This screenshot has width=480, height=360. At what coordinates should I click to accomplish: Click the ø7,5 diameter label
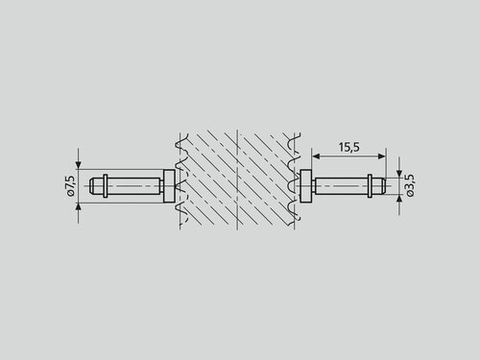[x=71, y=185]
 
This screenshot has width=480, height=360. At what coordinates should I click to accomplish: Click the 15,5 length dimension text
[x=349, y=147]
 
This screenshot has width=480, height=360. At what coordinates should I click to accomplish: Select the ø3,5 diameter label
[x=410, y=185]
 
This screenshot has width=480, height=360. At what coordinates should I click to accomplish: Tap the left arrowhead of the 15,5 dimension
[x=316, y=156]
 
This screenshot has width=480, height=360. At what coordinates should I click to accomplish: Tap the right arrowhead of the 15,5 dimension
[x=382, y=156]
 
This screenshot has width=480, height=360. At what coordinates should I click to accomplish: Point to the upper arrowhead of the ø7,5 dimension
[x=79, y=165]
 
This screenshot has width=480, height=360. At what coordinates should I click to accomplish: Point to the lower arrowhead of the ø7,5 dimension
[x=79, y=206]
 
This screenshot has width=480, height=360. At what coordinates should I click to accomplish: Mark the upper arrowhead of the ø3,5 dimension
[x=399, y=173]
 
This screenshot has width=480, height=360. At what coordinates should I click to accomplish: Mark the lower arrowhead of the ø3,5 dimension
[x=399, y=199]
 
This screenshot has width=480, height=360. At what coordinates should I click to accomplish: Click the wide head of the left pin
[x=169, y=186]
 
